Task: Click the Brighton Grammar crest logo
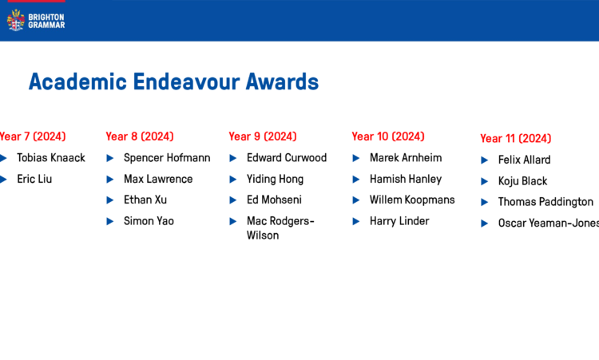pos(16,20)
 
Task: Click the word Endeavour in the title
pos(186,81)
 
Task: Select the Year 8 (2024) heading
pos(140,136)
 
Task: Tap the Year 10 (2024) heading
pos(388,136)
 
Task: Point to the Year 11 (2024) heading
pos(516,138)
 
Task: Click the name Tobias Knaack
pos(51,158)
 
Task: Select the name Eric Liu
pos(34,179)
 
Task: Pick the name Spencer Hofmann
pos(167,158)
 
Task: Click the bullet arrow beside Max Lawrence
pos(110,180)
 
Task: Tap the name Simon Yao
pos(149,221)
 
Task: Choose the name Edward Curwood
pos(287,158)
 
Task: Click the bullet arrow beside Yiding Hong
pos(233,180)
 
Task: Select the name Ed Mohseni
pos(274,200)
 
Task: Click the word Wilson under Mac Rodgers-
pos(263,235)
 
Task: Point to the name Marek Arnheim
pos(406,158)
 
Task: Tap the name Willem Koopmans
pos(412,200)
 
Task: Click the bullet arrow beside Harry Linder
pos(356,221)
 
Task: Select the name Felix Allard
pos(524,160)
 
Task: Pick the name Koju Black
pos(522,181)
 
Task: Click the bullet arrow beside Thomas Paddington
pos(485,202)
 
